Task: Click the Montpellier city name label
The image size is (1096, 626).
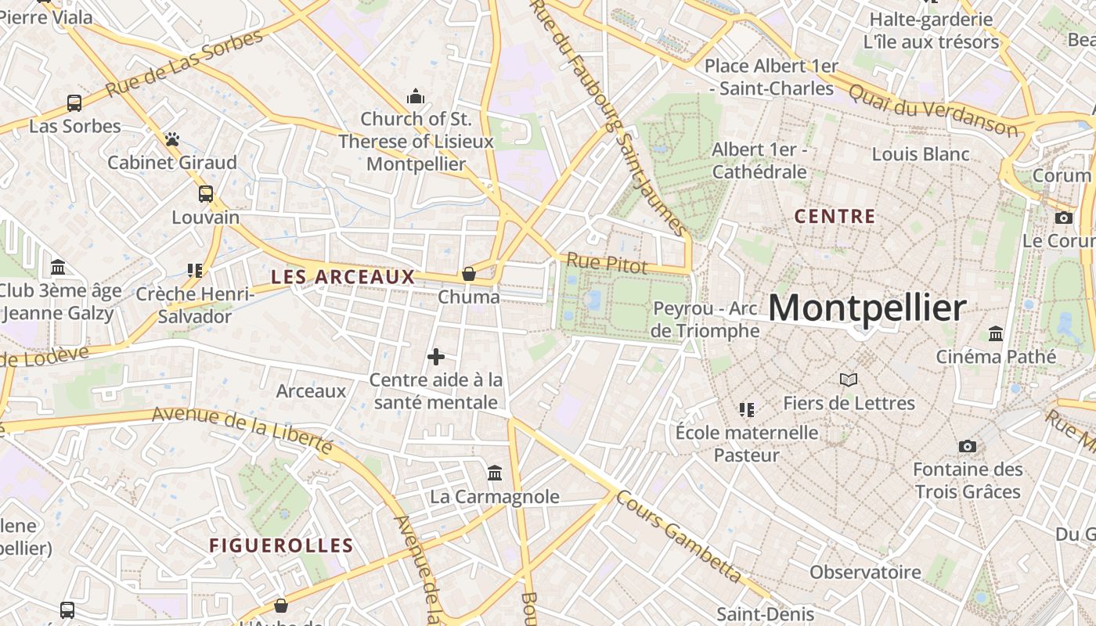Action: [x=867, y=308]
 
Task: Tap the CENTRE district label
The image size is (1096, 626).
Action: [x=835, y=217]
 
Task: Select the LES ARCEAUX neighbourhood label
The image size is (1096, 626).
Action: [x=343, y=276]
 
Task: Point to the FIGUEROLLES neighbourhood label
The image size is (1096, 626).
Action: [x=281, y=545]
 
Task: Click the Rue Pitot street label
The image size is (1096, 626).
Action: [x=607, y=264]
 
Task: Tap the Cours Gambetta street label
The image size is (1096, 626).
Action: [x=679, y=536]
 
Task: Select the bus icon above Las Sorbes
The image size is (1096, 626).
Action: [x=74, y=103]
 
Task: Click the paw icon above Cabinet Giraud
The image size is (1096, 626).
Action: [x=172, y=139]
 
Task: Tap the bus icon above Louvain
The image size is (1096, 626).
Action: [x=205, y=193]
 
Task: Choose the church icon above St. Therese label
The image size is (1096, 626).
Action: [x=416, y=96]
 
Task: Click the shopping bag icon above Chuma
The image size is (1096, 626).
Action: [x=468, y=273]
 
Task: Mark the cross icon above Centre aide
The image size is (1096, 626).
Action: [x=436, y=357]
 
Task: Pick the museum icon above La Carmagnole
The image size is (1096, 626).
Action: [x=495, y=473]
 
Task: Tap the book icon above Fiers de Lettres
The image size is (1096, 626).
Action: [x=849, y=380]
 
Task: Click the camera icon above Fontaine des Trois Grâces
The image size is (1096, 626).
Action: [x=968, y=446]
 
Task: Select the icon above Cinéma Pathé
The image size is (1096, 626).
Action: [x=996, y=334]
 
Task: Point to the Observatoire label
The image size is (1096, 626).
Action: [x=865, y=572]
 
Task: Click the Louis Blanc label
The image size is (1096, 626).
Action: [x=921, y=154]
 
